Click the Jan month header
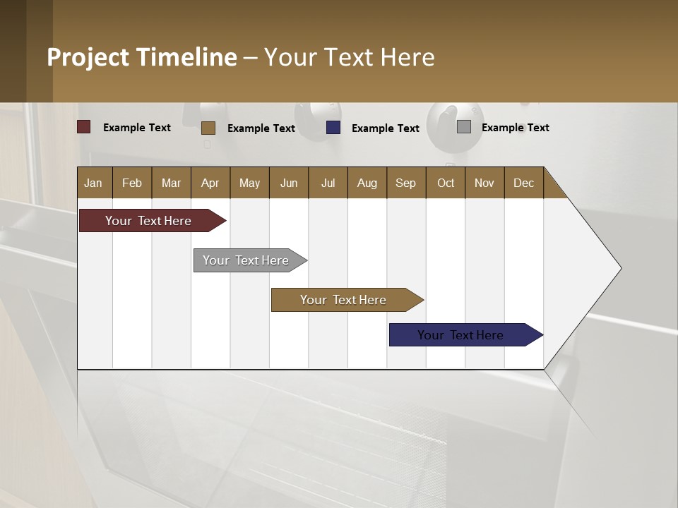93,183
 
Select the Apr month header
210,183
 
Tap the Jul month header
328,183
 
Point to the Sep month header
405,183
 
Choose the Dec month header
523,183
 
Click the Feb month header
132,183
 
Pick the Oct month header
446,183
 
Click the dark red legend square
84,127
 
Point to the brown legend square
208,128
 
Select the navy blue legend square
333,128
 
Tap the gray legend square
464,127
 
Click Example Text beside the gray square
515,128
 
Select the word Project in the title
88,57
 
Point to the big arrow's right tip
619,268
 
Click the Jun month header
288,183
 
